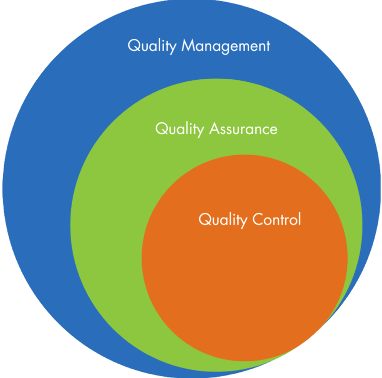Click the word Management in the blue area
point(226,46)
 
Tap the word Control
point(277,219)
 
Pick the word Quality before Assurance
point(180,129)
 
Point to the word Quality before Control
point(223,220)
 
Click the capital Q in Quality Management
point(133,46)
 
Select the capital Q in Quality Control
point(204,219)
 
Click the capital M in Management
point(188,46)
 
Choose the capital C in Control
point(258,219)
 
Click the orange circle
point(244,289)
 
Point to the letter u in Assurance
point(236,130)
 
